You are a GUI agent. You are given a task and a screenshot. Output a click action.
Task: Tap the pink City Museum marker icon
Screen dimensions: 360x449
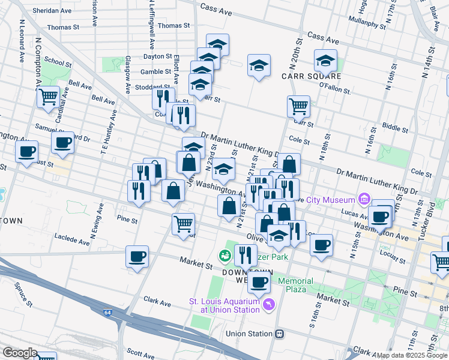click(364, 199)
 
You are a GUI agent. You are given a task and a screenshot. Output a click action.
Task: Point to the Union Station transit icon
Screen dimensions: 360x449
click(279, 334)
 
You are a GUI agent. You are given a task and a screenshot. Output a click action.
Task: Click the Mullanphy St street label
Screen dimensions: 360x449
click(367, 25)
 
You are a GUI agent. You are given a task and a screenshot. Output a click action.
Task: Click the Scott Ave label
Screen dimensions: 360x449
click(142, 355)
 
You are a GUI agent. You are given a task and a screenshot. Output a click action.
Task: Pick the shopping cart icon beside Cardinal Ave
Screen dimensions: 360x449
click(47, 96)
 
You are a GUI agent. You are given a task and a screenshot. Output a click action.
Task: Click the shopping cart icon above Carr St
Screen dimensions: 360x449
click(298, 106)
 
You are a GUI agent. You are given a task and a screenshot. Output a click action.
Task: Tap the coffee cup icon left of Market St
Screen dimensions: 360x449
click(137, 257)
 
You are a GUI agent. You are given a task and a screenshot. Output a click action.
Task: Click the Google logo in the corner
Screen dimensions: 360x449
click(20, 353)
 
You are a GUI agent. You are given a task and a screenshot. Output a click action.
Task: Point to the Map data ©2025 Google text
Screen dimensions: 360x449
click(412, 355)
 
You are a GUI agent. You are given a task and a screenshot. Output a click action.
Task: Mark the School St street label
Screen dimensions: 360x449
click(58, 62)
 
